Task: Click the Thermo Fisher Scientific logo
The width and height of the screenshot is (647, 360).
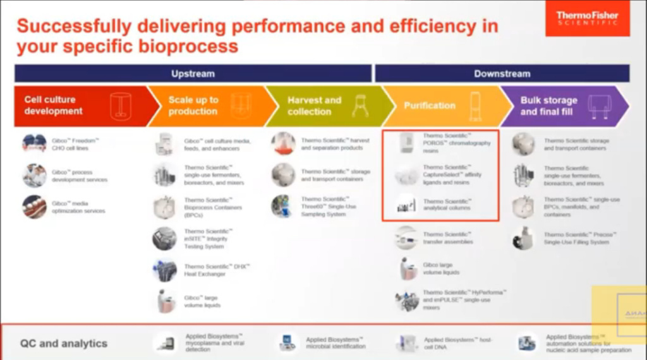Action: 587,18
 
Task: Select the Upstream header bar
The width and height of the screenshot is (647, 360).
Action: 193,74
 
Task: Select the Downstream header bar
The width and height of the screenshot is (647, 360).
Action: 502,74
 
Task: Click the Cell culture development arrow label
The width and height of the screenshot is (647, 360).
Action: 54,105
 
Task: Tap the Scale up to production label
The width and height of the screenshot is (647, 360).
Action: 193,105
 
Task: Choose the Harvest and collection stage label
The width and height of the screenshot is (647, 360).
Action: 314,105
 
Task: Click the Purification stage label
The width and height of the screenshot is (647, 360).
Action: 430,105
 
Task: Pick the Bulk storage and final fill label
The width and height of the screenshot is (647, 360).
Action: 548,105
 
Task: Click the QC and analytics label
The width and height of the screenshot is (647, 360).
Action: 63,344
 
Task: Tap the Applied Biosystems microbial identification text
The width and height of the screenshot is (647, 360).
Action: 336,343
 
